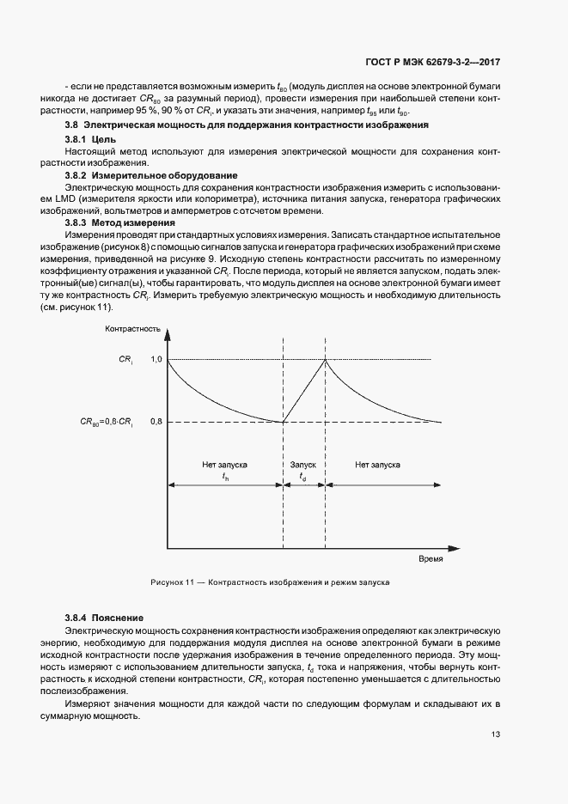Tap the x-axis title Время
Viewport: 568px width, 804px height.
point(431,558)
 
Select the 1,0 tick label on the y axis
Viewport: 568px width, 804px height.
point(156,359)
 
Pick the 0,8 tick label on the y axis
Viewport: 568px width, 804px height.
point(156,422)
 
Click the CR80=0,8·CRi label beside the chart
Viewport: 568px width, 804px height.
point(107,422)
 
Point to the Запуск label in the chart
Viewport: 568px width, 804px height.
point(303,464)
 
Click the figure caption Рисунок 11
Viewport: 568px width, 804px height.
point(270,582)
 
